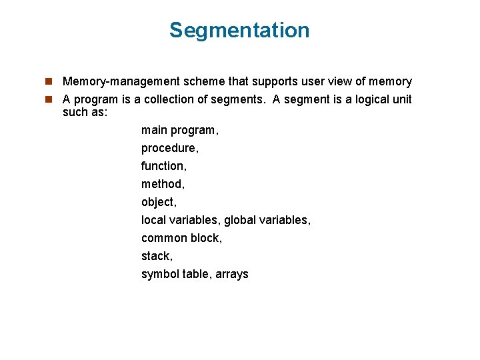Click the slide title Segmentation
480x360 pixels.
pos(239,31)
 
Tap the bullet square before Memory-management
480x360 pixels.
pos(49,82)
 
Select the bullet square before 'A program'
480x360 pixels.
pos(49,100)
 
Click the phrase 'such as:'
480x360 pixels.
pos(85,112)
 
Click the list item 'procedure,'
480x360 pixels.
pos(170,148)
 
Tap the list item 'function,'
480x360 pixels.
pos(164,166)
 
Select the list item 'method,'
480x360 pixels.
pos(163,184)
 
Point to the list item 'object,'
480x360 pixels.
pos(159,202)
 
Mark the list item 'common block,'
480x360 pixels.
pos(181,238)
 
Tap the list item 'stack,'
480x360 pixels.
pos(157,256)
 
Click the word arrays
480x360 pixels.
pos(232,274)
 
